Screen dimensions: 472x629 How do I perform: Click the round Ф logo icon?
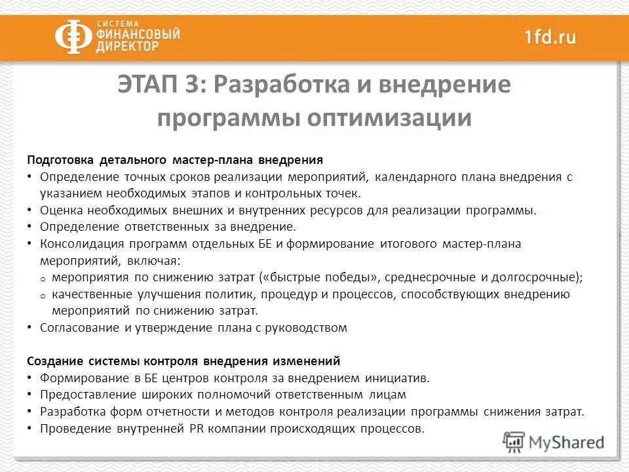pyautogui.click(x=73, y=37)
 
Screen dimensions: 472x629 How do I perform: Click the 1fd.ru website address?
pyautogui.click(x=550, y=37)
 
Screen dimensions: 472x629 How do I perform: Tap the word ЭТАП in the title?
pyautogui.click(x=157, y=85)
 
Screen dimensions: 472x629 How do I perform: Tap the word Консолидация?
pyautogui.click(x=79, y=244)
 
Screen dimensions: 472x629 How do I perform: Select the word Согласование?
pyautogui.click(x=78, y=328)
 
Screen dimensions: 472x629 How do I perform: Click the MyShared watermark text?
pyautogui.click(x=566, y=442)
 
